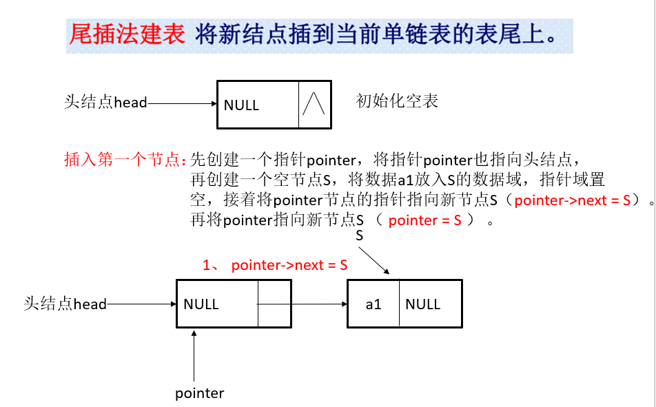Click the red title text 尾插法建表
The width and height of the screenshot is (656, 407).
point(127,34)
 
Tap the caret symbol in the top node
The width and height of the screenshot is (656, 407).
point(314,105)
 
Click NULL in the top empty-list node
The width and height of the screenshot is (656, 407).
point(241,105)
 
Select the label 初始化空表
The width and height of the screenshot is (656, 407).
point(397,101)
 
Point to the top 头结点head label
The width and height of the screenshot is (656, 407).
point(105,103)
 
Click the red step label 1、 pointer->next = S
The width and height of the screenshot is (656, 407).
point(274,265)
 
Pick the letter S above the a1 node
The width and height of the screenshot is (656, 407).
point(359,236)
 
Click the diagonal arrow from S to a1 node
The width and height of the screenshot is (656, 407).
point(376,260)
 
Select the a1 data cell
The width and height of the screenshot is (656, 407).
point(373,304)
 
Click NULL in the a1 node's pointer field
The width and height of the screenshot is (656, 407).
point(422,304)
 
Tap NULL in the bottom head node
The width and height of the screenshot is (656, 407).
point(201,304)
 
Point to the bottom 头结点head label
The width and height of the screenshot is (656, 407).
point(65,304)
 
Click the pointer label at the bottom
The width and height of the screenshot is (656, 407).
point(199,393)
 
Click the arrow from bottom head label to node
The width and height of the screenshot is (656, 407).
point(141,304)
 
